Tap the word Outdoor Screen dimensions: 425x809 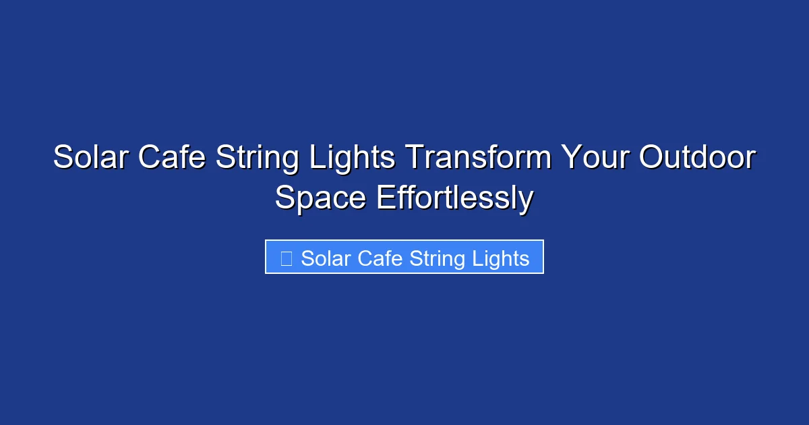697,159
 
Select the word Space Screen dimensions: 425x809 321,199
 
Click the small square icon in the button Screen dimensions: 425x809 286,258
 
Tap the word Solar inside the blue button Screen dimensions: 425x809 325,258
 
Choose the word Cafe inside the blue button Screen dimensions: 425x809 381,258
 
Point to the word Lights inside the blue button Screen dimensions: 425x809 501,259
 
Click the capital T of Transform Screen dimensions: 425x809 413,159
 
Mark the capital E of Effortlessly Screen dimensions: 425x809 384,199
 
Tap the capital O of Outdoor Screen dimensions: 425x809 652,159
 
